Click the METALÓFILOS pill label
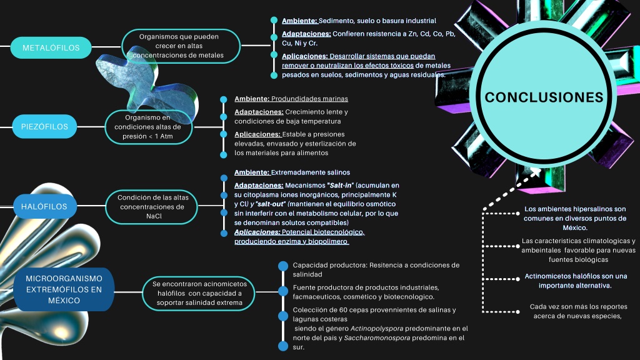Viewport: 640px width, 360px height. click(x=51, y=47)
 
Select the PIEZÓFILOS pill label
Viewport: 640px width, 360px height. click(x=44, y=126)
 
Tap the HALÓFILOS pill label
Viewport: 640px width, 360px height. click(x=44, y=206)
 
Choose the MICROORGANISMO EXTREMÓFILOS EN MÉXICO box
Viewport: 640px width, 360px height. click(x=64, y=289)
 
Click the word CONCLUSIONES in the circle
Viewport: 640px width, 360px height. click(x=544, y=97)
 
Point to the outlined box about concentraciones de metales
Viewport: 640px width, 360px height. click(x=181, y=46)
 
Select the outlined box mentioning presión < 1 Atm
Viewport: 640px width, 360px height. click(x=149, y=127)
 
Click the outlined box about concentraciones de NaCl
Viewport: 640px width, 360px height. click(x=151, y=207)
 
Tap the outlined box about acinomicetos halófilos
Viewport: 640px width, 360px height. click(x=199, y=293)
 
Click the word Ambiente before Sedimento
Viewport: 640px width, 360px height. click(x=299, y=21)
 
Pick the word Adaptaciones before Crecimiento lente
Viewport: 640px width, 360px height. click(x=259, y=112)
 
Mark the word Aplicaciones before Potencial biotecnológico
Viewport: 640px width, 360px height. click(x=257, y=232)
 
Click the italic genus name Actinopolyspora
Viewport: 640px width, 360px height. click(x=377, y=329)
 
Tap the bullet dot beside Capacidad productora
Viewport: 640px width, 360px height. click(x=283, y=266)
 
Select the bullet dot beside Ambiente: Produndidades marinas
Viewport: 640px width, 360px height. click(x=223, y=99)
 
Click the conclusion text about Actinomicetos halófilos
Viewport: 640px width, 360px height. click(x=576, y=281)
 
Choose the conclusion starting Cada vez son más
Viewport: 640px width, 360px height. click(x=577, y=311)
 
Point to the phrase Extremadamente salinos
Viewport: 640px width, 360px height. click(x=311, y=172)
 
